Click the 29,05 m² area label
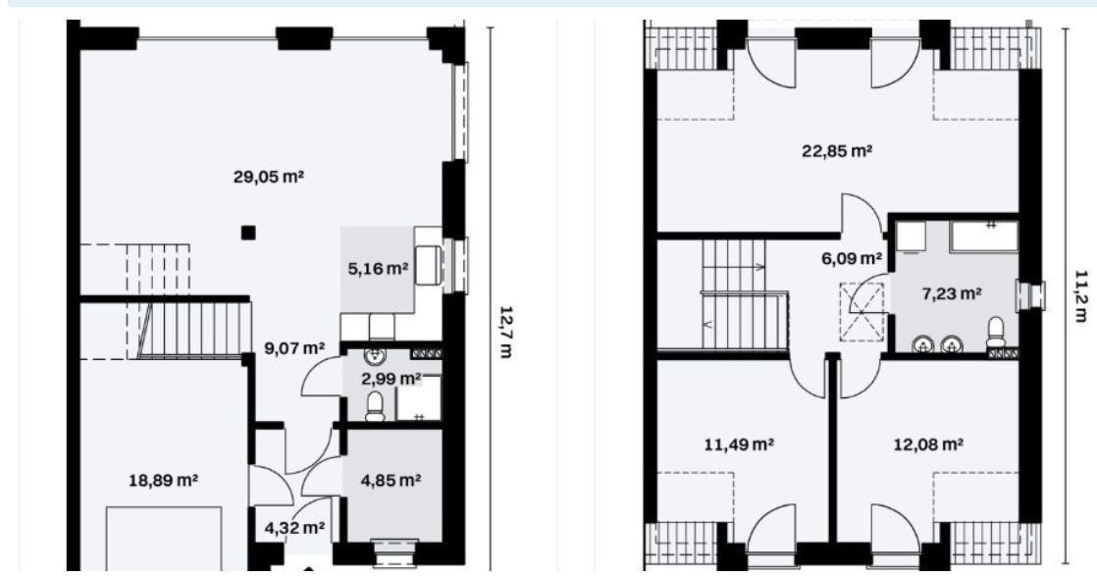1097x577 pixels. tap(268, 177)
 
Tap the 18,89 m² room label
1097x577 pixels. tap(163, 480)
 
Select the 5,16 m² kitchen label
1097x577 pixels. tap(378, 268)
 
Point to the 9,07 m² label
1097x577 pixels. tap(294, 347)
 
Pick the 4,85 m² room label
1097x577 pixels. tap(391, 480)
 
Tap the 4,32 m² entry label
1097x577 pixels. tap(294, 527)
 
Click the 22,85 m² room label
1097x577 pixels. tap(837, 150)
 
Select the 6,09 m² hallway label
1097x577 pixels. tap(852, 258)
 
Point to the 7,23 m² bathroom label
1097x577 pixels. tap(952, 293)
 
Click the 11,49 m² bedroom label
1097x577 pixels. tap(739, 445)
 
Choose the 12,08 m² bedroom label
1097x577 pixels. tap(929, 445)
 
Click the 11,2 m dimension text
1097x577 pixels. tap(1080, 295)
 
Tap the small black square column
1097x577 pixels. tap(248, 233)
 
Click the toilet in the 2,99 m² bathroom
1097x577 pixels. tap(376, 406)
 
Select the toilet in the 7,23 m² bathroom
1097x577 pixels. tap(995, 333)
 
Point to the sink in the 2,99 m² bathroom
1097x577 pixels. tap(375, 356)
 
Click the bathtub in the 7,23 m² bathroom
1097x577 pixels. tap(983, 236)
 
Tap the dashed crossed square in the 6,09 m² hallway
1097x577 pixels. tap(862, 311)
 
